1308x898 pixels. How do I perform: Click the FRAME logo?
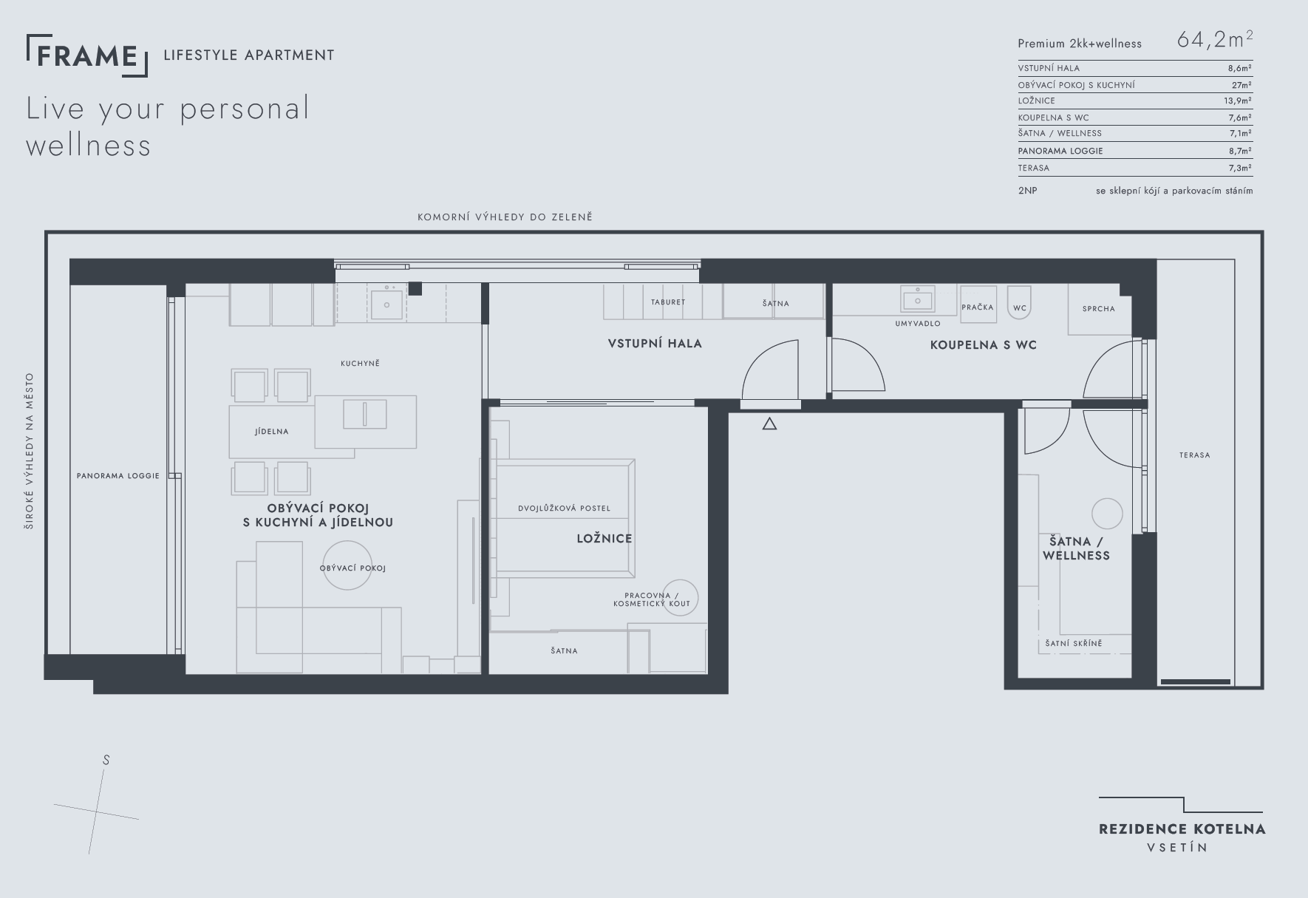click(87, 55)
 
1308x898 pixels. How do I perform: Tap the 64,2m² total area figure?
click(1215, 39)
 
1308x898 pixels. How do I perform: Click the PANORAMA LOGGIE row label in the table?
click(1060, 151)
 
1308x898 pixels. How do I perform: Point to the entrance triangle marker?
click(769, 424)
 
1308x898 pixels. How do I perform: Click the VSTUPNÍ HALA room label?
click(655, 344)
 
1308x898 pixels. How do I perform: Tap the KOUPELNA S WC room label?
click(983, 345)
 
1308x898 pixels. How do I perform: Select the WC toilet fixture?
click(1019, 305)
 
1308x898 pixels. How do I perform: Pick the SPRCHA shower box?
click(1099, 309)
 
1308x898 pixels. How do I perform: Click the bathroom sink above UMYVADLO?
click(918, 300)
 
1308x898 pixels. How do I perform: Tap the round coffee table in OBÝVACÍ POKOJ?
click(347, 565)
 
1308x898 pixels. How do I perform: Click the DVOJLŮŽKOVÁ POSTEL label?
click(565, 508)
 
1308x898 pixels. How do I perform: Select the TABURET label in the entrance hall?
click(668, 302)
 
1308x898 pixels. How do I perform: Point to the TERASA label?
click(1195, 455)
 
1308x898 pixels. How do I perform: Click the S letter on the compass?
click(106, 760)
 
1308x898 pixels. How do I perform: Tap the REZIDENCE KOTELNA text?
click(1182, 829)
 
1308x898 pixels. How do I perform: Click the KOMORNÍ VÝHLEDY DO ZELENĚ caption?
click(505, 217)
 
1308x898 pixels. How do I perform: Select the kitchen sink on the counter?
click(386, 304)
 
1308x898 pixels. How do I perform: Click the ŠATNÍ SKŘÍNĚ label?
click(1074, 644)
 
